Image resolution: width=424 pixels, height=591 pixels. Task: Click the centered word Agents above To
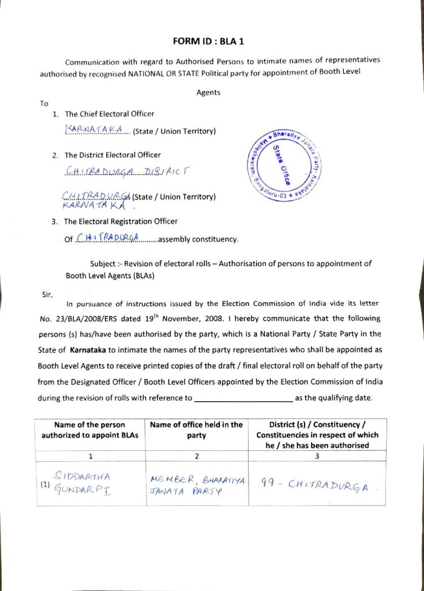(x=208, y=92)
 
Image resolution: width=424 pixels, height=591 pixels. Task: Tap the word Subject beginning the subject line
(x=104, y=264)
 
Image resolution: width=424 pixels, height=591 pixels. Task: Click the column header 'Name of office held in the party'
(x=196, y=430)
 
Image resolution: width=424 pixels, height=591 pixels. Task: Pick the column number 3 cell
(x=317, y=456)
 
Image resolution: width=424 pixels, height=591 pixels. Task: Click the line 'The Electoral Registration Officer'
(x=121, y=221)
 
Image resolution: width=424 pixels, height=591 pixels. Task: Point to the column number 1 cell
(x=90, y=456)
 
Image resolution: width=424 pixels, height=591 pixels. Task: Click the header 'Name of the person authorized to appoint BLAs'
(x=90, y=430)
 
